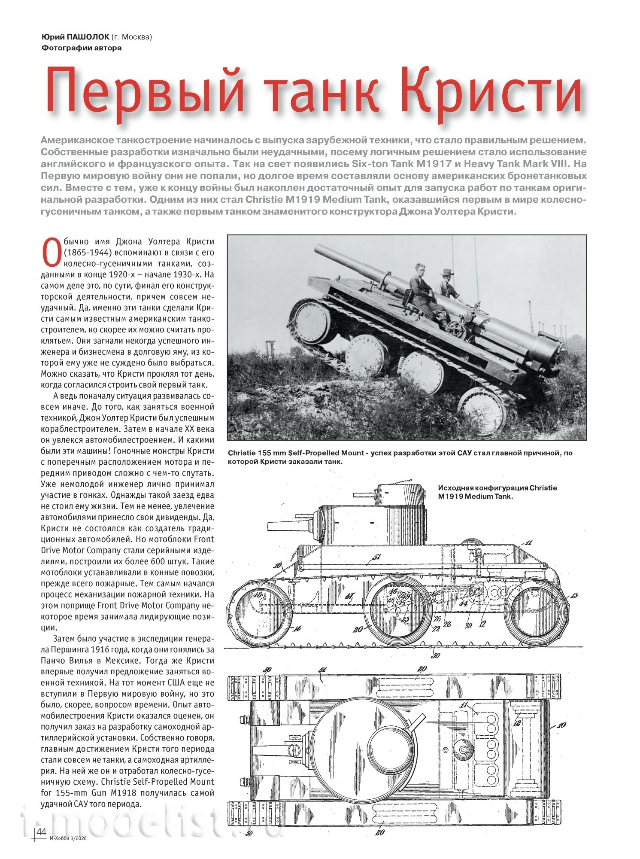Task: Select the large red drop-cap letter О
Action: [x=51, y=253]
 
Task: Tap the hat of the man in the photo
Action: [x=447, y=272]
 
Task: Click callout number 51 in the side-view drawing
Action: [x=376, y=557]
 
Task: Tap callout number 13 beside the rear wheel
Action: [x=574, y=595]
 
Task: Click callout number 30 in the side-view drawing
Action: [x=468, y=625]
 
